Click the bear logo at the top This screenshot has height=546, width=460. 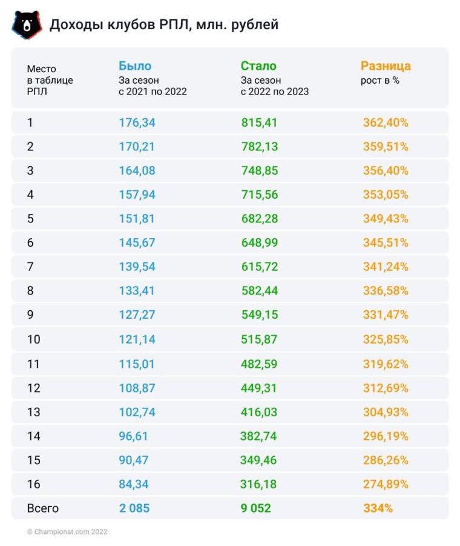tap(27, 24)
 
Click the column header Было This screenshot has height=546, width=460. tap(135, 66)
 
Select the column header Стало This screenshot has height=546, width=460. tap(258, 66)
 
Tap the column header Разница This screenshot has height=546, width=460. tap(386, 66)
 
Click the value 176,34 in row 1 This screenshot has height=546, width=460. tap(137, 122)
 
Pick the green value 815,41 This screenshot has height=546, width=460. tap(259, 122)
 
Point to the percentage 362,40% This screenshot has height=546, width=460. tap(386, 122)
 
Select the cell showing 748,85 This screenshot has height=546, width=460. tap(259, 171)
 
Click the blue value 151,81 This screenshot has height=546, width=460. tap(137, 219)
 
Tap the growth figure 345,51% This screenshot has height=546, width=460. tap(386, 243)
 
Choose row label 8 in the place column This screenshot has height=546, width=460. tap(31, 291)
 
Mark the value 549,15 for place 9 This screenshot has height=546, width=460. tap(259, 315)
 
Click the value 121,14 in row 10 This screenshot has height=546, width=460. tap(137, 339)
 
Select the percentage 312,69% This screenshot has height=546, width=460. tap(386, 388)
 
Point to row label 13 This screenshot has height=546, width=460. tap(34, 412)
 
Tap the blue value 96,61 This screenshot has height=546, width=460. tap(133, 436)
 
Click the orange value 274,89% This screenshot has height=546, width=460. tap(386, 484)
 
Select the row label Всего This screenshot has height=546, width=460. tap(43, 508)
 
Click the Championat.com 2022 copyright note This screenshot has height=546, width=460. tap(67, 531)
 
